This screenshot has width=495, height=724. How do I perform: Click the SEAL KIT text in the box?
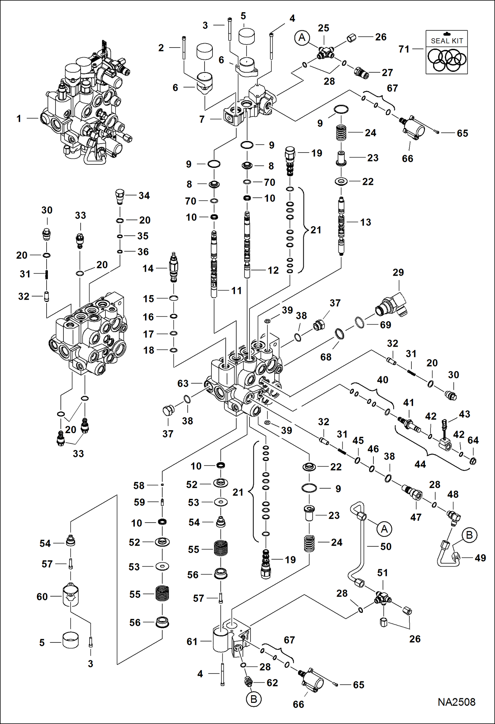pos(447,41)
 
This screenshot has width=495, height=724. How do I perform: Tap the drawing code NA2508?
pos(456,702)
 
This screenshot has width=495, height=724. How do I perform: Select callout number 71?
pos(404,49)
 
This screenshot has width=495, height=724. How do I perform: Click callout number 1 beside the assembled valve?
pos(19,119)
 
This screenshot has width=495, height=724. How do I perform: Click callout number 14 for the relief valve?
pos(148,268)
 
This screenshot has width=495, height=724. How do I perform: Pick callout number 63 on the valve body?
pos(183,383)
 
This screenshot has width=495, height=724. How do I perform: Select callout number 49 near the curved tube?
pos(480,558)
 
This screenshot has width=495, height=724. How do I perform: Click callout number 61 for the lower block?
pos(192,641)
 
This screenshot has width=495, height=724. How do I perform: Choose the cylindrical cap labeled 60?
pos(70,596)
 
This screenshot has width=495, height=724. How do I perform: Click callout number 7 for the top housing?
pos(202,119)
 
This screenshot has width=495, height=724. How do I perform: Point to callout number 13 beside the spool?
pos(365,222)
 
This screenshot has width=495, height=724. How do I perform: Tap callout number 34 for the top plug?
pos(144,195)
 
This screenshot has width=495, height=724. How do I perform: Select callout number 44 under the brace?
pos(420,464)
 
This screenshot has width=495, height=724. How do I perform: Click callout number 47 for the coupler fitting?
pos(416,517)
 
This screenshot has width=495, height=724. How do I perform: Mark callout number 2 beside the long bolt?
pos(161,48)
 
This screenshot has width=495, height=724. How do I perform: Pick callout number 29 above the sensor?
pos(398,272)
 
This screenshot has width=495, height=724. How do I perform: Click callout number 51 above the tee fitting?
pos(382,573)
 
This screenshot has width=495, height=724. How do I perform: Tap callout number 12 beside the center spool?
pos(273,270)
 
